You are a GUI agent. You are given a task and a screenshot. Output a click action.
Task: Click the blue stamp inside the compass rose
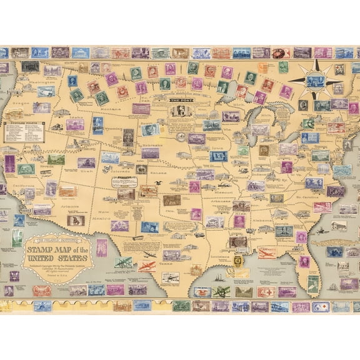click(314, 80)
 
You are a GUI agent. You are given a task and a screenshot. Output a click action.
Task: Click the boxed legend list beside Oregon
click(24, 131)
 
